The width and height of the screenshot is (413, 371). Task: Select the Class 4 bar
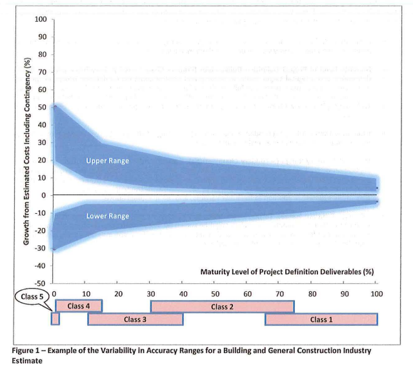78,306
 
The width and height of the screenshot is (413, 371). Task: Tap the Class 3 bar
136,319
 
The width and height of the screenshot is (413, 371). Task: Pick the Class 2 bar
222,306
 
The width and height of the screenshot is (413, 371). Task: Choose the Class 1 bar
321,319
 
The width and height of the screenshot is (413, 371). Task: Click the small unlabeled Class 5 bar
55,319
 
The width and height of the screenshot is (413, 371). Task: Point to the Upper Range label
108,160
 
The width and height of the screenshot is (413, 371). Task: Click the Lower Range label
107,216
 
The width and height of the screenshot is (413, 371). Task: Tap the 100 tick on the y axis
40,19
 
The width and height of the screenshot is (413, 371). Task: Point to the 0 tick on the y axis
43,195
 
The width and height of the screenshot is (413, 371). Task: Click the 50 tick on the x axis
216,294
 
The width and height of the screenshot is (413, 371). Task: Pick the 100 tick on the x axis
377,294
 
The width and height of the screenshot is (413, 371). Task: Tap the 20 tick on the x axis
119,294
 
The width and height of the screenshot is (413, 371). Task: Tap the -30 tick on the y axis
40,248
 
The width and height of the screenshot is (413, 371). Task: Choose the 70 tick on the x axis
280,294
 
